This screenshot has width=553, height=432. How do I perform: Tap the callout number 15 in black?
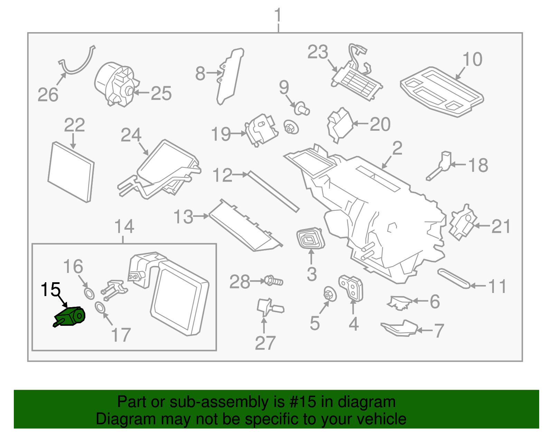point(50,290)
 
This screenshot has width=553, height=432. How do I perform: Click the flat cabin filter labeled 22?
point(71,172)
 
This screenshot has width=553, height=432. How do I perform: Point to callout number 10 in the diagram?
point(472,59)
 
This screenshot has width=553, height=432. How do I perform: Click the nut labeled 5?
point(329,294)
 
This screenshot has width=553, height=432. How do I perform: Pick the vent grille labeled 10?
point(441,91)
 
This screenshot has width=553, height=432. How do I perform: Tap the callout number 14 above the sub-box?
point(124,227)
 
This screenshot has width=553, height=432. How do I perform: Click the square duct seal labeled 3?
point(311,238)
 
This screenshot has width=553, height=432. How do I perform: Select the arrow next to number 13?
point(201,216)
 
